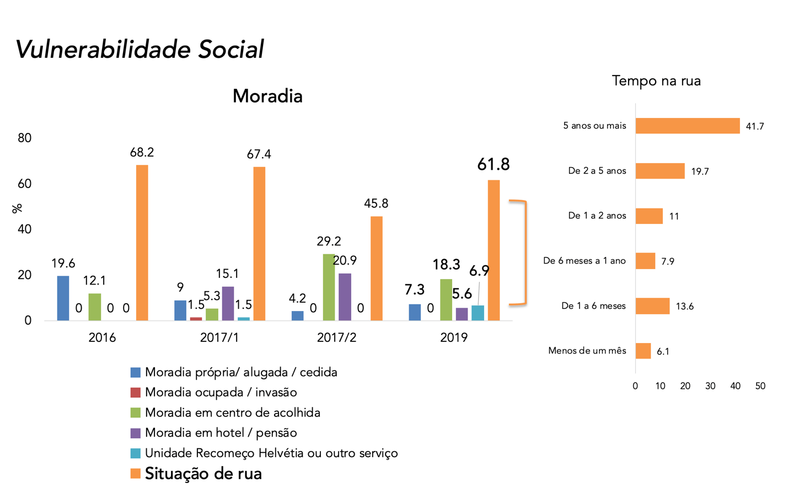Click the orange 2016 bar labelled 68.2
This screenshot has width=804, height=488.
point(142,243)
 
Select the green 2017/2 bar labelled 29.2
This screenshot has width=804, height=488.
point(329,287)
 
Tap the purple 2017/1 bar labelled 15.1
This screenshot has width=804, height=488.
point(228,303)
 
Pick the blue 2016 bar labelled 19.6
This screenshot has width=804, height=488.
point(63,298)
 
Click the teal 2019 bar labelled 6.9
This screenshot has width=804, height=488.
point(478,313)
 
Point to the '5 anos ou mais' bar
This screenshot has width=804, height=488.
point(687,126)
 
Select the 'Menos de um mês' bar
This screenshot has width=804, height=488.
point(643,351)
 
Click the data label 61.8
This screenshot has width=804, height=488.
point(493,164)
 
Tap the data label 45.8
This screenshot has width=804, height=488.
point(376,203)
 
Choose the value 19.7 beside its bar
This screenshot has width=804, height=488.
point(700,171)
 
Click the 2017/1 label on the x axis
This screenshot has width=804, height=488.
point(219,337)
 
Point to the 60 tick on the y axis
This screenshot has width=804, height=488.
point(24,184)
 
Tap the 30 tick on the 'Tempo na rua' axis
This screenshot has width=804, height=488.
point(710,386)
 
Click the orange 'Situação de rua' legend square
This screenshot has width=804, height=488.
point(136,473)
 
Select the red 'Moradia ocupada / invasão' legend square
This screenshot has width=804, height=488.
point(136,393)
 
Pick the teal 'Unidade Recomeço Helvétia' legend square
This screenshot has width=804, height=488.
point(136,453)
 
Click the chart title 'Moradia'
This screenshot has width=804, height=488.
point(267,96)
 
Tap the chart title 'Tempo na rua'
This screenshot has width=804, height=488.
point(656,81)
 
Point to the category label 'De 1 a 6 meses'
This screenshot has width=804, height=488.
point(593,306)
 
